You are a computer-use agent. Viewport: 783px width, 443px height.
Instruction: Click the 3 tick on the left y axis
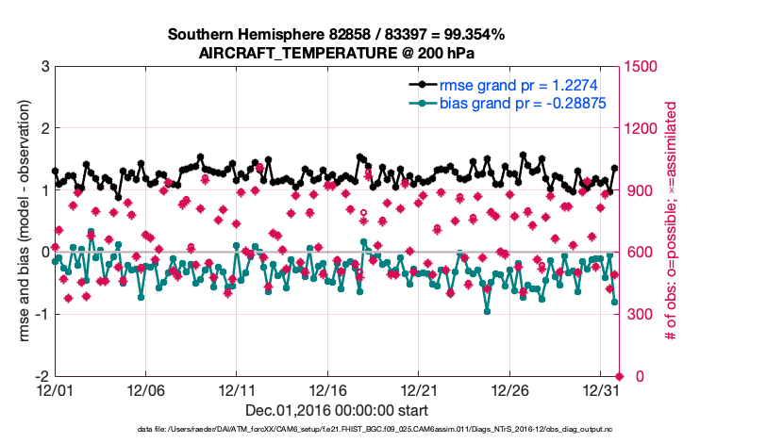pyautogui.click(x=44, y=67)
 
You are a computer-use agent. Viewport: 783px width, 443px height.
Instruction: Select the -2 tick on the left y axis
pyautogui.click(x=42, y=376)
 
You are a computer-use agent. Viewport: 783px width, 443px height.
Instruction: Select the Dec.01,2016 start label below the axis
pyautogui.click(x=337, y=410)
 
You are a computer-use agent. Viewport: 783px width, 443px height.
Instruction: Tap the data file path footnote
pyautogui.click(x=390, y=430)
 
